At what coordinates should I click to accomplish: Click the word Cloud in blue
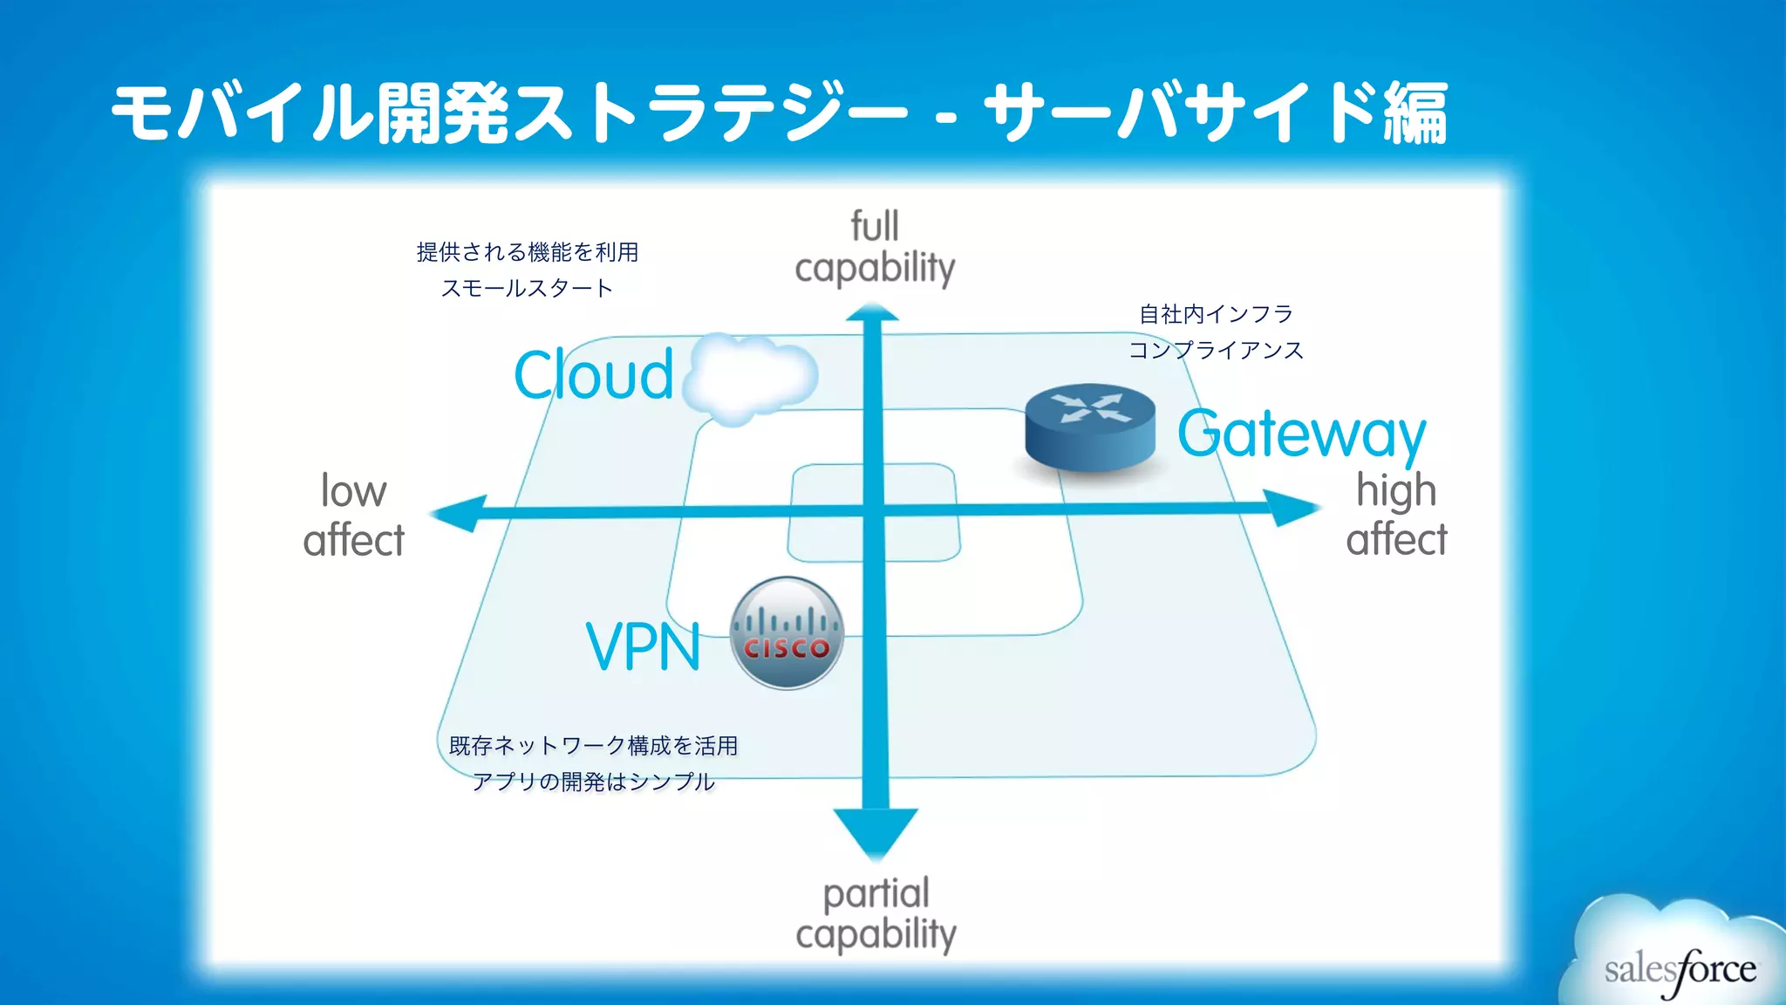(594, 375)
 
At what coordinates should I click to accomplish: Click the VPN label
(643, 646)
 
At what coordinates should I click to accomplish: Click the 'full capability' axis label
(875, 248)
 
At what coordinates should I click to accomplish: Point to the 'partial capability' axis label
(876, 913)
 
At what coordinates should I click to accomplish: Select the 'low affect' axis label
(353, 516)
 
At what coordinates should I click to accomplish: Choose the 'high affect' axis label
(1395, 515)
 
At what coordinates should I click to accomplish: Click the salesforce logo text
(1680, 970)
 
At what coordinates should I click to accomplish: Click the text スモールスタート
(527, 289)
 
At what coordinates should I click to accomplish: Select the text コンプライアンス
(1216, 351)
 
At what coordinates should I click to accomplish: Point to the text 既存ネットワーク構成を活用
(593, 746)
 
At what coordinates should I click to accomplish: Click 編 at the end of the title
(1414, 113)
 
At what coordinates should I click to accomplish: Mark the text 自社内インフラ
(1216, 314)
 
